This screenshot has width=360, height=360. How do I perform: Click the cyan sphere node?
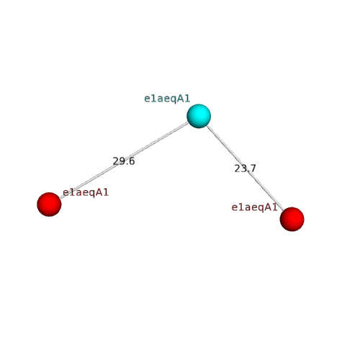(x=199, y=116)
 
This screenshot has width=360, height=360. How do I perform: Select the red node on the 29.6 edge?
(x=49, y=204)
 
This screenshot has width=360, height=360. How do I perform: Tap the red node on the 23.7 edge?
(x=292, y=219)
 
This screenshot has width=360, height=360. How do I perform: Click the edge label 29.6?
(x=124, y=161)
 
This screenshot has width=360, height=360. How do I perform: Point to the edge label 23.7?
(x=246, y=168)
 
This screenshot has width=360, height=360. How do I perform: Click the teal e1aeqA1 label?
(x=167, y=99)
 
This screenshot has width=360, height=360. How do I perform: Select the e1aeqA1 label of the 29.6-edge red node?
(x=86, y=192)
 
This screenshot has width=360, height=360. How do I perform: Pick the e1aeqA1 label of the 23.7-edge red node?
(x=255, y=207)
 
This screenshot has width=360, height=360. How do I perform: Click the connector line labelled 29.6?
(x=124, y=161)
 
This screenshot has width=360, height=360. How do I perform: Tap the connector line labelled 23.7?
(x=246, y=168)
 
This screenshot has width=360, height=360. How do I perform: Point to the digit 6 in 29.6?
(x=132, y=161)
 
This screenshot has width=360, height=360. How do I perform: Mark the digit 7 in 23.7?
(x=253, y=168)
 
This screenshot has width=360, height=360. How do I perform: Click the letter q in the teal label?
(x=170, y=99)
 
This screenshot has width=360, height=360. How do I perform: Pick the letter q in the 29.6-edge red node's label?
(x=89, y=194)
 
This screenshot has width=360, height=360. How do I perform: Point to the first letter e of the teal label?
(x=147, y=99)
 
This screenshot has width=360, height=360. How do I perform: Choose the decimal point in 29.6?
(x=127, y=164)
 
